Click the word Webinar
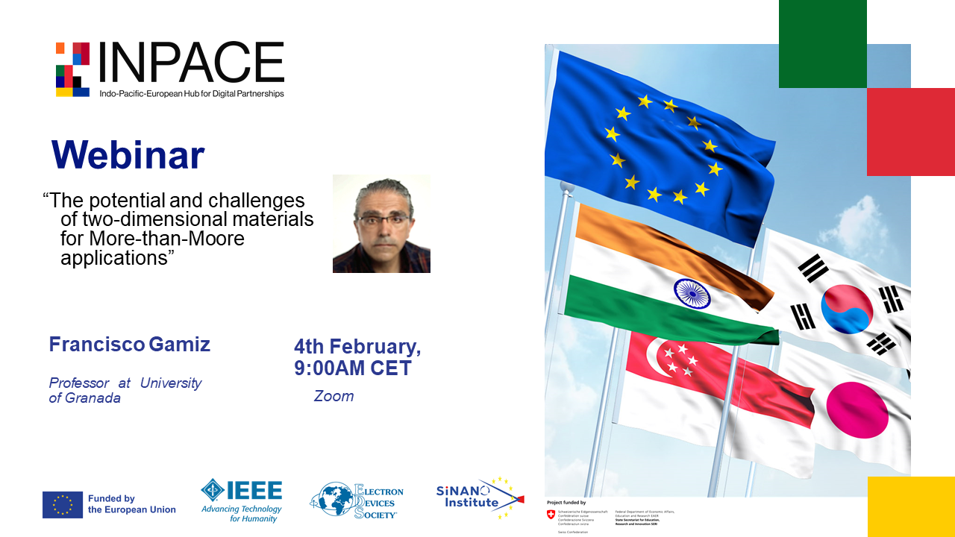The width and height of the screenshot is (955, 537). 128,155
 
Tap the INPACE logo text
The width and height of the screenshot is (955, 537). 191,63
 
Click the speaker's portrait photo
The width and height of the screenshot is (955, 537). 381,224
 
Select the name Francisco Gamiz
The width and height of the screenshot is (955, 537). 130,345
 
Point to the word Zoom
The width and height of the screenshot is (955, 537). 334,396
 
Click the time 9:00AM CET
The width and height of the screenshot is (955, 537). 353,368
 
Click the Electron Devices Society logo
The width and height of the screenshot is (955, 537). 357,500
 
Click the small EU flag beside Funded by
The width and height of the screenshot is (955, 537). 63,505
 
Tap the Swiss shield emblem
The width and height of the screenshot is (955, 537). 551,515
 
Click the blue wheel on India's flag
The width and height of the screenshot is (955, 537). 692,293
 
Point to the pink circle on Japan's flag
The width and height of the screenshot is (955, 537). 857,409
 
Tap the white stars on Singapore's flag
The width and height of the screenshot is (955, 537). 679,359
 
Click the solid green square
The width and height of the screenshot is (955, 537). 822,43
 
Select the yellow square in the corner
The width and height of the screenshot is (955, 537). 911,506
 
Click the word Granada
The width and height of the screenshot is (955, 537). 93,398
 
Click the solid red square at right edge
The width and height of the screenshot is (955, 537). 910,131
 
